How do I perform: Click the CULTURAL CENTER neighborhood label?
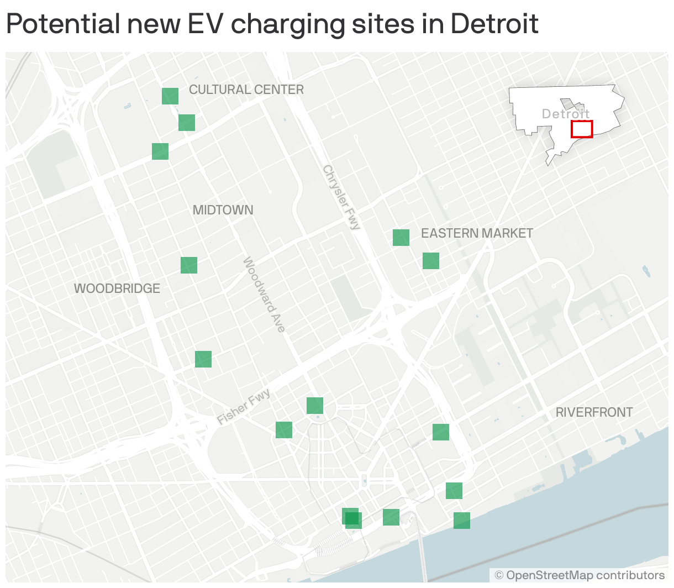pyautogui.click(x=246, y=90)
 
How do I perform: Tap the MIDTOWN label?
pyautogui.click(x=223, y=210)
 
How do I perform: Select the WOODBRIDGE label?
pyautogui.click(x=117, y=288)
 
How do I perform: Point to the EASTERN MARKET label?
pyautogui.click(x=476, y=233)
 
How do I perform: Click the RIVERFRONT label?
pyautogui.click(x=594, y=412)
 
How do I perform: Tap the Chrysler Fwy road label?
pyautogui.click(x=341, y=197)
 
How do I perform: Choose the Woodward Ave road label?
pyautogui.click(x=265, y=295)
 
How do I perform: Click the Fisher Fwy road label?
pyautogui.click(x=244, y=406)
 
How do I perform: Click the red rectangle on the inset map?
pyautogui.click(x=582, y=129)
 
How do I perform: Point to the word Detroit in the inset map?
pyautogui.click(x=565, y=114)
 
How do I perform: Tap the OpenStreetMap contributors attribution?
pyautogui.click(x=580, y=575)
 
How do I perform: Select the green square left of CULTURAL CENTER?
pyautogui.click(x=170, y=96)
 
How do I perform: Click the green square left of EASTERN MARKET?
pyautogui.click(x=401, y=238)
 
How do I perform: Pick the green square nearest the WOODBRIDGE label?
pyautogui.click(x=189, y=265)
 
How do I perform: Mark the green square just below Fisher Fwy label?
pyautogui.click(x=284, y=430)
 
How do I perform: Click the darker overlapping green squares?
pyautogui.click(x=352, y=518)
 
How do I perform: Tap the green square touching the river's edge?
pyautogui.click(x=462, y=521)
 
